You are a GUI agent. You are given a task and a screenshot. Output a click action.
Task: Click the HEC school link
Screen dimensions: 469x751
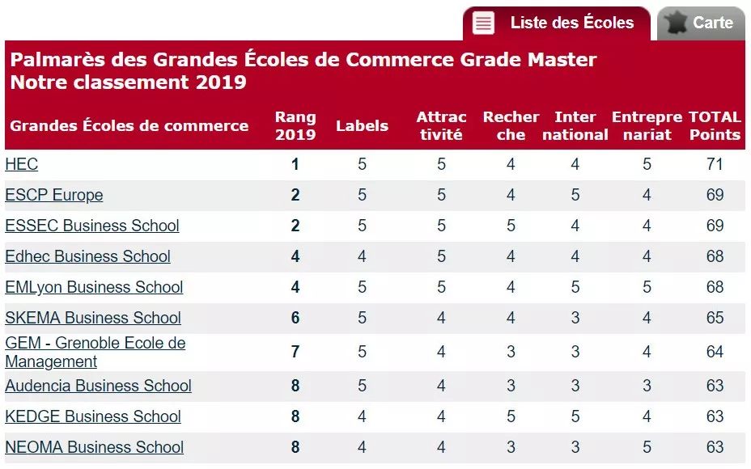(x=22, y=164)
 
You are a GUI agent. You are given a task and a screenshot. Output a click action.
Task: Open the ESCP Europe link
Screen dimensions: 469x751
(x=54, y=195)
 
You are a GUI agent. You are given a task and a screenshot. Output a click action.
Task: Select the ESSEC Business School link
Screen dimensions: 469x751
(x=92, y=226)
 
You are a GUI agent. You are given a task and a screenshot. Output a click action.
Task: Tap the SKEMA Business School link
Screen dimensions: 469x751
(x=93, y=318)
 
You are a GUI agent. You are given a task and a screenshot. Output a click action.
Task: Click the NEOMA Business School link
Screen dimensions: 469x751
(x=95, y=447)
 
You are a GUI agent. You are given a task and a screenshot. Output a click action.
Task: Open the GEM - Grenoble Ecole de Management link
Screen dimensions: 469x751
(x=95, y=352)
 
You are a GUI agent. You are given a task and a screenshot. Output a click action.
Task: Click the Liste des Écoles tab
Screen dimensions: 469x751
(x=571, y=23)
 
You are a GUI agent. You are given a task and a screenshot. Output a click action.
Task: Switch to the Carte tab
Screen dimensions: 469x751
(x=712, y=23)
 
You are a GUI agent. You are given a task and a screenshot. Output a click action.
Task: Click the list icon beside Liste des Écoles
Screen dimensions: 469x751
(x=483, y=23)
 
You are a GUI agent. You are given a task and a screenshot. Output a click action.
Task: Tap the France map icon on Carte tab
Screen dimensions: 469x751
(x=677, y=23)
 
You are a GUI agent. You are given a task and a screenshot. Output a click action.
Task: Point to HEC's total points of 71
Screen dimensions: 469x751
(x=715, y=164)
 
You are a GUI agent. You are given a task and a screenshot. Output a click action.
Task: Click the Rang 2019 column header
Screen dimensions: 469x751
(x=295, y=126)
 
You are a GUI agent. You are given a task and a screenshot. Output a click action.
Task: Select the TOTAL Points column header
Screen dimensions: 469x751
(x=715, y=126)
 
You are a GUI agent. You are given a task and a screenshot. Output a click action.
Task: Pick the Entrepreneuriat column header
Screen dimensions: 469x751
(x=647, y=126)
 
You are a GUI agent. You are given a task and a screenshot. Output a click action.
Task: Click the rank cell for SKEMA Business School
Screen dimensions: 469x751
(x=295, y=318)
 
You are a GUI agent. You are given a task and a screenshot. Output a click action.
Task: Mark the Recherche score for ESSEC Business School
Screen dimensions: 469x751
(x=511, y=226)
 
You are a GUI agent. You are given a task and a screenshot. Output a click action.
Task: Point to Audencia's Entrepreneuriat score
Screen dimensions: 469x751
(x=647, y=386)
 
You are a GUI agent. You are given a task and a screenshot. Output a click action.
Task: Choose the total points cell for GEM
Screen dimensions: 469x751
(x=715, y=352)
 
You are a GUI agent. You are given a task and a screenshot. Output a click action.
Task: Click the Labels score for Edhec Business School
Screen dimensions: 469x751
(x=362, y=256)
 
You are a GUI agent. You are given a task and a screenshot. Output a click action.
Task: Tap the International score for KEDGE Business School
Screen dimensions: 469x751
(x=575, y=416)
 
